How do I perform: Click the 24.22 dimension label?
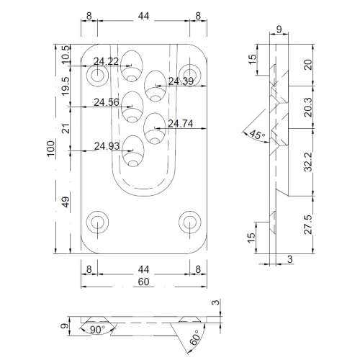pos(106,61)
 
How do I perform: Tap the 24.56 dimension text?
pos(107,102)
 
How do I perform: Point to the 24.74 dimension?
pos(181,124)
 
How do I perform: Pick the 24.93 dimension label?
pos(107,146)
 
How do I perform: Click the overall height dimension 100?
pos(51,150)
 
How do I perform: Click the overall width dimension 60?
pos(144,282)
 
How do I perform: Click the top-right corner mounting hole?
pos(190,73)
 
